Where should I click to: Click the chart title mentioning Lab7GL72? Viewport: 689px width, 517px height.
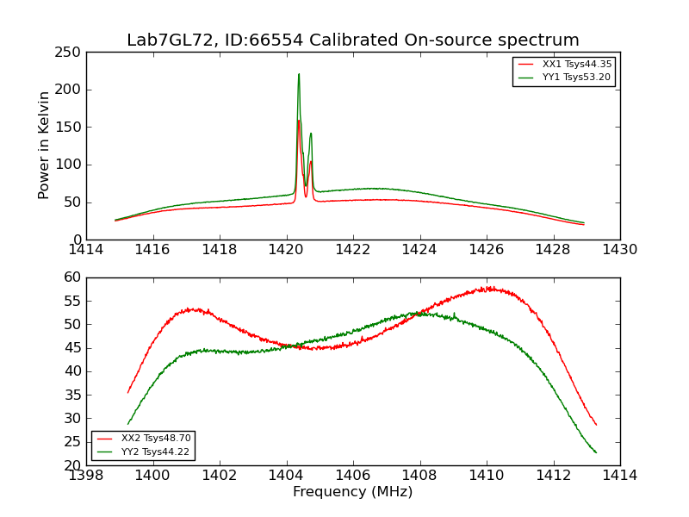tap(353, 40)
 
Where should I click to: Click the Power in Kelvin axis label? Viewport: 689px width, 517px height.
tap(44, 145)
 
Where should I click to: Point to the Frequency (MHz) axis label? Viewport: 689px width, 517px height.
tap(353, 492)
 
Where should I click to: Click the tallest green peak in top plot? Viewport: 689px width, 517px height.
tap(299, 75)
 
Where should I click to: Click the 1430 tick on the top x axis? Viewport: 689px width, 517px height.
tap(620, 250)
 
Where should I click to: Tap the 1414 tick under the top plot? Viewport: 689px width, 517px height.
tap(87, 250)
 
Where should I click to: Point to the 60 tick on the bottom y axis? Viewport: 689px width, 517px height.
tap(74, 277)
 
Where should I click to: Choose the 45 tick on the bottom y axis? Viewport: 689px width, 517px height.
tap(74, 348)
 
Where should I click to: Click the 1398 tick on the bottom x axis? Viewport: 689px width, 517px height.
tap(87, 476)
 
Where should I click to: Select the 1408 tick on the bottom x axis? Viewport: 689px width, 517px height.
tap(420, 476)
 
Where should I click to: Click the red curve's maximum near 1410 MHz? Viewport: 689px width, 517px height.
tap(488, 288)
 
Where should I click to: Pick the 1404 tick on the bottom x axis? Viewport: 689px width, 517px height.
tap(287, 476)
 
